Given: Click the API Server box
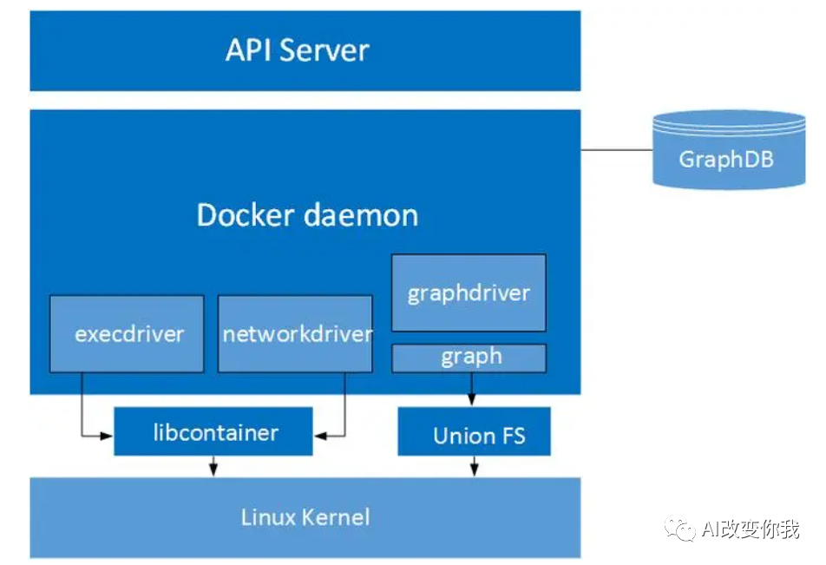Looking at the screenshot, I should (305, 50).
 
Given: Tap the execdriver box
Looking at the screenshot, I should (127, 334).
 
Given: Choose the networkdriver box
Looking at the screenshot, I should (295, 334).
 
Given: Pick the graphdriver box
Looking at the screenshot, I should (469, 292).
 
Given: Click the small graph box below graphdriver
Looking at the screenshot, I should (469, 357).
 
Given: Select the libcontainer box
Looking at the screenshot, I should (213, 432).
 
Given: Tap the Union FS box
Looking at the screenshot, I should (475, 433).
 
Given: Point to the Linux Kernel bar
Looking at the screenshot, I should (305, 517).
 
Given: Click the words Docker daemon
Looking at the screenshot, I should (307, 214).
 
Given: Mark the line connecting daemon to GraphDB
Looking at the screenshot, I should (616, 150).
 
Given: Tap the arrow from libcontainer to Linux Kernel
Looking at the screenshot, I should (213, 466).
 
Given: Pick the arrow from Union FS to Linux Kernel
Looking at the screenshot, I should (474, 466).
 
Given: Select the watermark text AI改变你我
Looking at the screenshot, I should (751, 529).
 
